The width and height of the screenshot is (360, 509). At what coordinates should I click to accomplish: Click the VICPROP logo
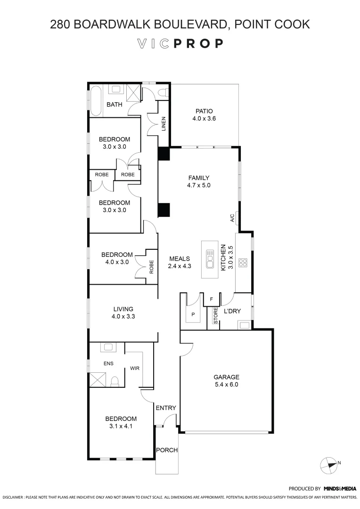click(180, 44)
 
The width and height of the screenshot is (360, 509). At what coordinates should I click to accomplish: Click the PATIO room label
click(204, 111)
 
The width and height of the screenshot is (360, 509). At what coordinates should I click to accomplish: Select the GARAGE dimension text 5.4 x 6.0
click(227, 385)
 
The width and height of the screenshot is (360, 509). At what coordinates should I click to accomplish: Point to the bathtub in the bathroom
click(96, 101)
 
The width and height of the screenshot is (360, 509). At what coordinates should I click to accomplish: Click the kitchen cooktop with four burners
click(243, 263)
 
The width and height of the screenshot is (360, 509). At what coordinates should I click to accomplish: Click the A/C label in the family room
click(232, 218)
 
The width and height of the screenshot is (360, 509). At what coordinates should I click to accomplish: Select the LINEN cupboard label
click(164, 123)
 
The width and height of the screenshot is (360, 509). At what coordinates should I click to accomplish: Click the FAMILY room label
click(198, 178)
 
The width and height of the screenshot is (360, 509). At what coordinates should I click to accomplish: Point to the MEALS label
click(180, 258)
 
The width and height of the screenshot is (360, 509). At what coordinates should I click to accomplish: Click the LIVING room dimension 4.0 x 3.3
click(123, 317)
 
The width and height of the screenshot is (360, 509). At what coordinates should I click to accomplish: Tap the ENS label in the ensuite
click(108, 363)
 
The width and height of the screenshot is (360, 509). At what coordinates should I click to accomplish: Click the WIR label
click(134, 368)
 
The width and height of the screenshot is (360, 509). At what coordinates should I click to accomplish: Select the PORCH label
click(167, 450)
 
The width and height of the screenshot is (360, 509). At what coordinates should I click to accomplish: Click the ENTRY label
click(165, 408)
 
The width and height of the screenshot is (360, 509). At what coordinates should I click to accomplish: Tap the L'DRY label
click(232, 312)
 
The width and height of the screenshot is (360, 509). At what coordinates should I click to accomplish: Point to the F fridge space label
click(212, 299)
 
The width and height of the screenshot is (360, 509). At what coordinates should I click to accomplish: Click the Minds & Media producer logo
click(340, 489)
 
